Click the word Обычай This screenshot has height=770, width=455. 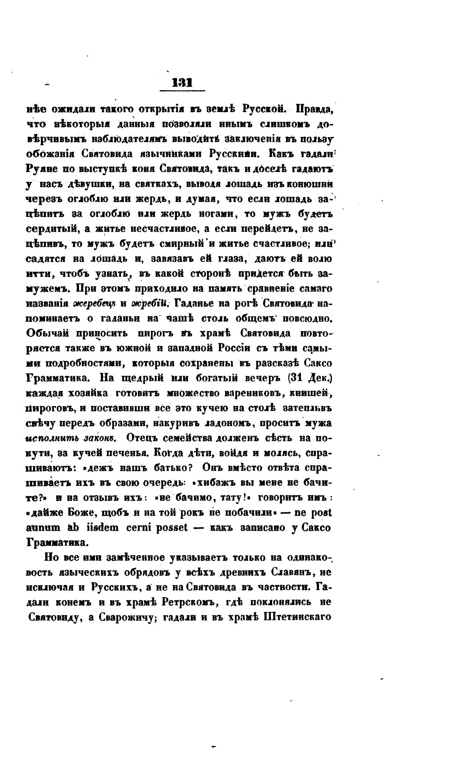pos(50,333)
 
